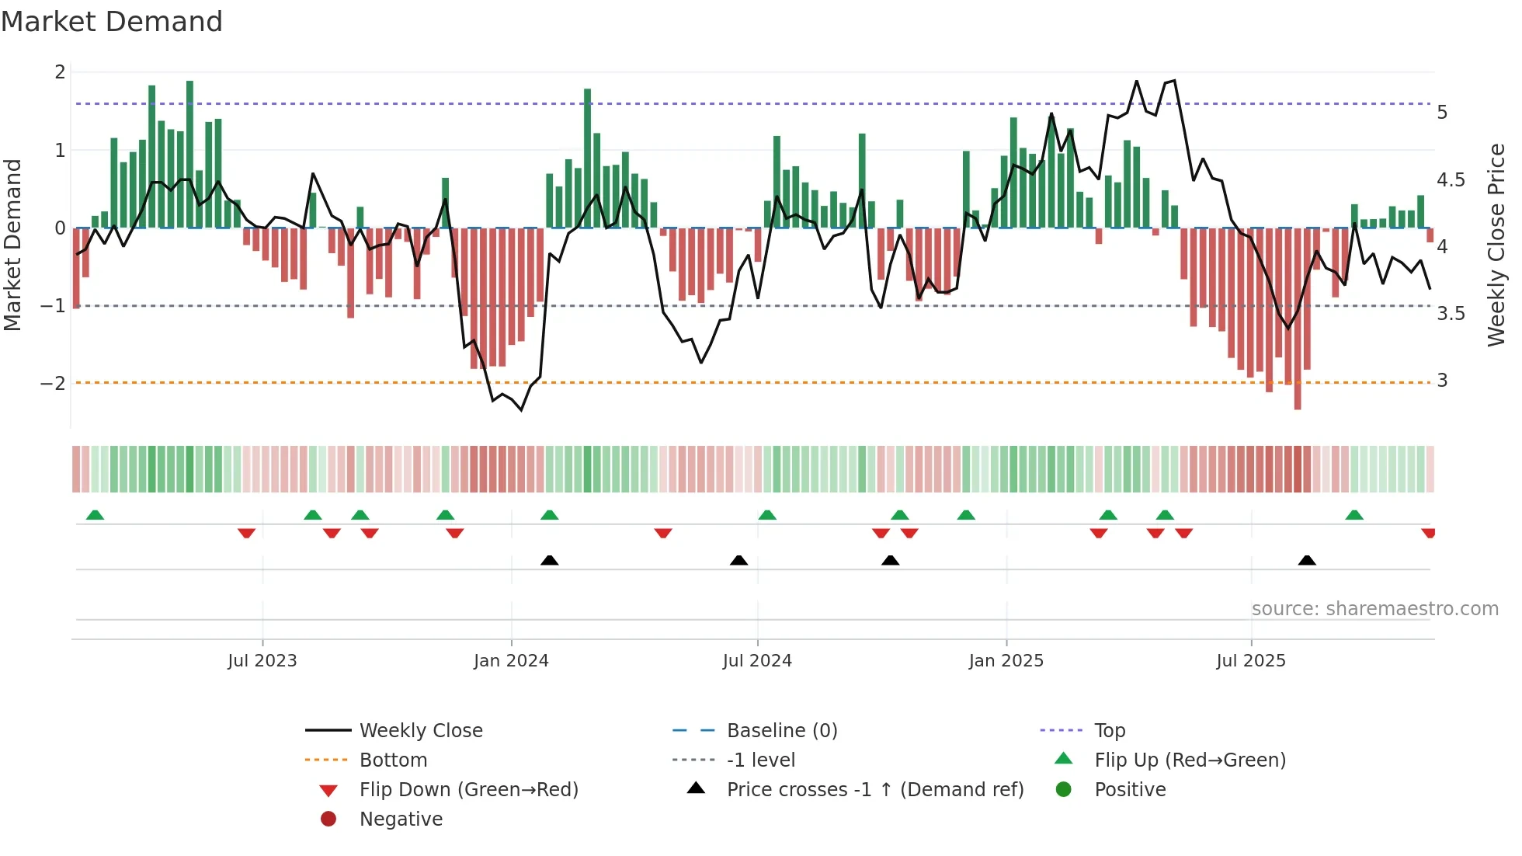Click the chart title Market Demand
coord(112,22)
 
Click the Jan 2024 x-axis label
coord(511,661)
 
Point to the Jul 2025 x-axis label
coord(1250,661)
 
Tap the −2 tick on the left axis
coord(53,383)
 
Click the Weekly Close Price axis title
coord(1496,245)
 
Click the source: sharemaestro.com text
coord(1374,609)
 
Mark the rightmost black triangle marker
coord(1307,560)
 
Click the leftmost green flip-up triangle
coord(95,515)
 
